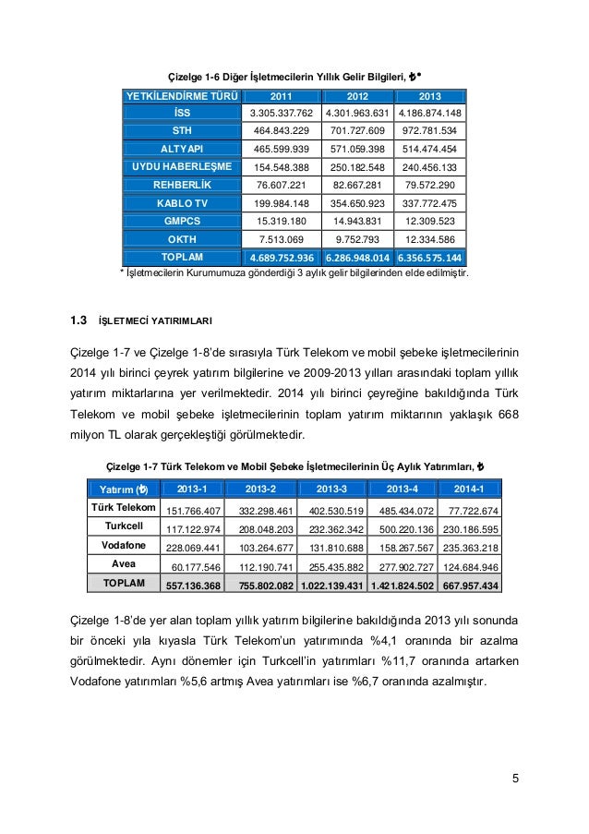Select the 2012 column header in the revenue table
pos(356,96)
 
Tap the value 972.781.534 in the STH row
pos(430,130)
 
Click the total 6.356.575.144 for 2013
pos(430,257)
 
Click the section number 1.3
pos(78,321)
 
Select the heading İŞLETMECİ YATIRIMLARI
pos(155,322)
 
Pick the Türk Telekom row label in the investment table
pos(122,507)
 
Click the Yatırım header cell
pos(122,489)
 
